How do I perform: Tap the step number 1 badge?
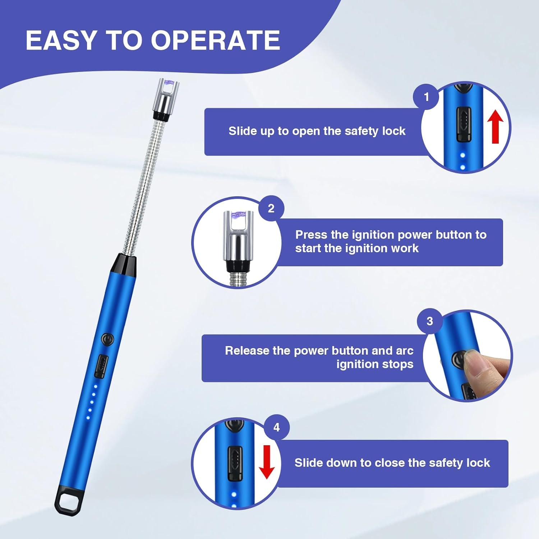(426, 97)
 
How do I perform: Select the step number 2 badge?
(271, 208)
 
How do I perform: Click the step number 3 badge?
(430, 321)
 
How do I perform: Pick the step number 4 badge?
(276, 427)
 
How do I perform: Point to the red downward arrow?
(267, 462)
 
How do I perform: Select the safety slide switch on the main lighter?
(101, 366)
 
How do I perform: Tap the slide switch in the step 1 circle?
(464, 124)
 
